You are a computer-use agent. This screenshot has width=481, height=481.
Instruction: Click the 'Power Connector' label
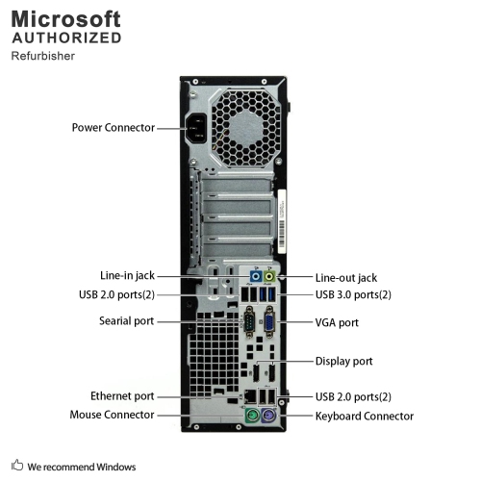coord(113,127)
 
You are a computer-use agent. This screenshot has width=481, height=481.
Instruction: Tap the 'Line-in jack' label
coord(127,274)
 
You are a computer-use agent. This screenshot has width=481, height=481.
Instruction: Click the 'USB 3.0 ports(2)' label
coord(354,294)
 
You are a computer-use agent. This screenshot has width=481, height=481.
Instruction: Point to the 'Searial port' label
coord(127,321)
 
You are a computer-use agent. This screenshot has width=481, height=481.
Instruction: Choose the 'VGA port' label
coord(337,322)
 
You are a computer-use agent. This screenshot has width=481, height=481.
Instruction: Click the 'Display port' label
coord(344,362)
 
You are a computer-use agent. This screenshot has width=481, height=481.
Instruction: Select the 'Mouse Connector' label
coord(112,415)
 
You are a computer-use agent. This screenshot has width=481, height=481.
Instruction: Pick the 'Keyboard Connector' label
coord(365,416)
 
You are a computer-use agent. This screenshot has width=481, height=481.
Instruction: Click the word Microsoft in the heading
coord(66,18)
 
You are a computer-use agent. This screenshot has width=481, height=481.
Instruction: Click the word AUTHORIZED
coord(66,38)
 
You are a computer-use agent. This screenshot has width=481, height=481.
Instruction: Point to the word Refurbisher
coord(43,56)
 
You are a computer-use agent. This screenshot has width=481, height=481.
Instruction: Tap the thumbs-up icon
coord(17,467)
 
